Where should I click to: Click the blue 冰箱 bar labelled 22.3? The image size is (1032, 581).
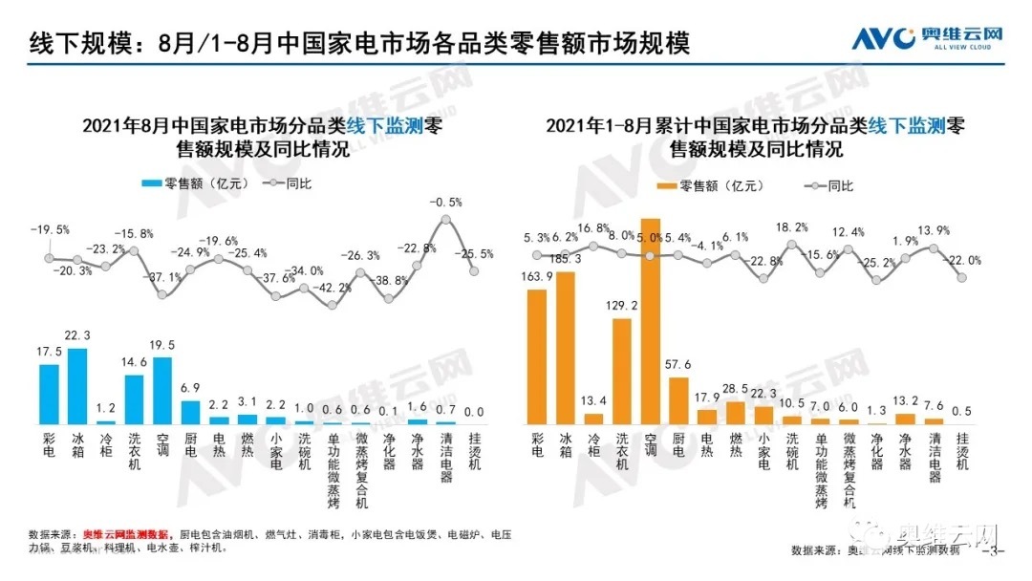[77, 386]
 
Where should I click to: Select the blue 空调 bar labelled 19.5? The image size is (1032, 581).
[162, 390]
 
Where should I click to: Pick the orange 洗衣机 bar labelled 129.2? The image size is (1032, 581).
[621, 371]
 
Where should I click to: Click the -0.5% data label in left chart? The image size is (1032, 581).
[446, 203]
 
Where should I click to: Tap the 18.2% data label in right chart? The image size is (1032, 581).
[791, 227]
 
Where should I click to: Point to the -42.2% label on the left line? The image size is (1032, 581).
[333, 287]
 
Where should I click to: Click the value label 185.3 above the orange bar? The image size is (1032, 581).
[565, 259]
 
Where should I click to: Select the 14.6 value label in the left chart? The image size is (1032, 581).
[134, 363]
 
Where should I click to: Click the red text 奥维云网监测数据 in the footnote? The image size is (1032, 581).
[125, 533]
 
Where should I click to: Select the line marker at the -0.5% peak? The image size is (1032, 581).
[445, 220]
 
